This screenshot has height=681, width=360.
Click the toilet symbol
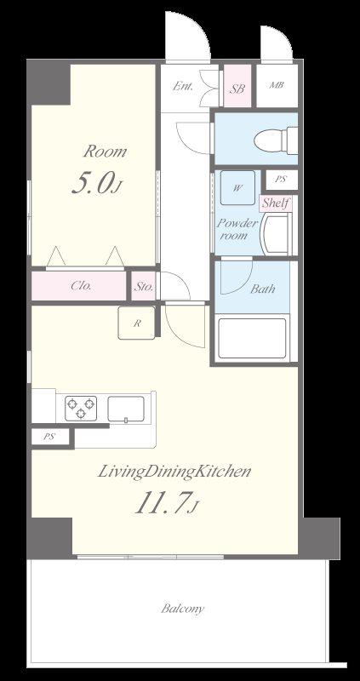point(277,140)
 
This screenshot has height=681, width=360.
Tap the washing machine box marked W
point(237,187)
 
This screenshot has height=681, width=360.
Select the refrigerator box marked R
point(136,323)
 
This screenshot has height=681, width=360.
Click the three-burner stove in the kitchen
point(81,409)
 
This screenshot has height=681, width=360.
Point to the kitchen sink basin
point(126,409)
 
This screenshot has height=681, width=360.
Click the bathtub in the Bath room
point(252,338)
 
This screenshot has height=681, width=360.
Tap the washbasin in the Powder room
point(277,234)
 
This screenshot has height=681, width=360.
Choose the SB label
point(237,89)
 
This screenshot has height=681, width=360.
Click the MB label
point(277,85)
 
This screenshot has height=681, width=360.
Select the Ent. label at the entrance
point(182,86)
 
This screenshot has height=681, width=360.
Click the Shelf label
point(276,203)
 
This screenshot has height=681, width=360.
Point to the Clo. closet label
point(81,286)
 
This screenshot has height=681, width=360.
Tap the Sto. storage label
point(143,287)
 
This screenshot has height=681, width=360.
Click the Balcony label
point(182,609)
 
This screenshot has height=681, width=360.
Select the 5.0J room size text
point(96,184)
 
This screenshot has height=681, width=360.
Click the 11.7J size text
point(167,504)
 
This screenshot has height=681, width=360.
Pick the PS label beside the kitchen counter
point(49,437)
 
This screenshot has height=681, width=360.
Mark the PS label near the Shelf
point(281,179)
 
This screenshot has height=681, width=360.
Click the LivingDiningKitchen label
point(174,472)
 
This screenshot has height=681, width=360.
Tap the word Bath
point(263,289)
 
